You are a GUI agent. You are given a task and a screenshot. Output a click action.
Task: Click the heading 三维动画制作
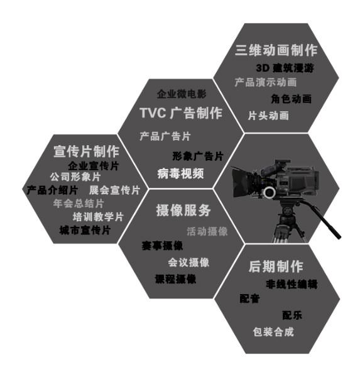click(x=276, y=50)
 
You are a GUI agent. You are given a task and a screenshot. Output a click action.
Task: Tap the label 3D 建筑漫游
click(x=285, y=68)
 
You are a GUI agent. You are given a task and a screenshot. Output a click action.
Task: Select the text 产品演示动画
click(x=266, y=82)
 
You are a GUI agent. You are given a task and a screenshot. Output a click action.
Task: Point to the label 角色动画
click(x=292, y=99)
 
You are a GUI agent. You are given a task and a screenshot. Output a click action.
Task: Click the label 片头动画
click(x=268, y=116)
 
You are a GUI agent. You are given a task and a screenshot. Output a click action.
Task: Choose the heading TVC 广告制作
click(x=181, y=112)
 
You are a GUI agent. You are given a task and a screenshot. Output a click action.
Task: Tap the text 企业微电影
click(x=182, y=94)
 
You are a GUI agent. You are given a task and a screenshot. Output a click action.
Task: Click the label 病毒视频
click(x=180, y=173)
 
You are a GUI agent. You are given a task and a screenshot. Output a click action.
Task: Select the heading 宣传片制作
click(x=86, y=151)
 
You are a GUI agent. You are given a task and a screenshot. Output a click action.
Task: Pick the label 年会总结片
click(x=79, y=204)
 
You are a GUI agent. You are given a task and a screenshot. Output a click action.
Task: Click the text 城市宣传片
click(x=85, y=230)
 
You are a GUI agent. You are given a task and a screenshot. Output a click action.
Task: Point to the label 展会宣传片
click(x=114, y=190)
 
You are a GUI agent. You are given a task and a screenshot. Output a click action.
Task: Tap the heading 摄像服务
click(x=183, y=210)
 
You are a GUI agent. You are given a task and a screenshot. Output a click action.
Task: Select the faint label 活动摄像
click(x=207, y=231)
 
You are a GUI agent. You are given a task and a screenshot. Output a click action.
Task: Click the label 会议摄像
click(x=188, y=262)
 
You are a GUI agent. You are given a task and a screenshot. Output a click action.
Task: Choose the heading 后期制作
click(x=276, y=266)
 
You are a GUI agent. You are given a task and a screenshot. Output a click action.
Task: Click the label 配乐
click(x=292, y=315)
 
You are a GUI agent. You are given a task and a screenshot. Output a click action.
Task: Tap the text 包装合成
click(x=273, y=332)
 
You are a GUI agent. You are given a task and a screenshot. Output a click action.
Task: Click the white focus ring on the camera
click(x=270, y=192)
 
